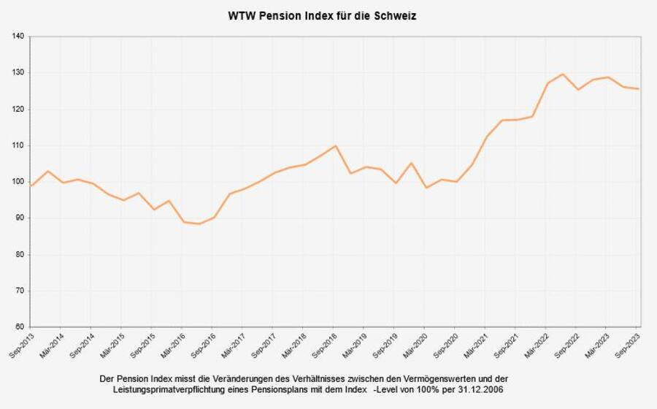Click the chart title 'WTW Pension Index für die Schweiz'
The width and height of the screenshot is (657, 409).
point(322,15)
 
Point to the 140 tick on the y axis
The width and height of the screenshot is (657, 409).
point(18,37)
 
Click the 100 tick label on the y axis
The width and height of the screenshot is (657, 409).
point(18,182)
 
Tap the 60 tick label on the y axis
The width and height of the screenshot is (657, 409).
point(20,327)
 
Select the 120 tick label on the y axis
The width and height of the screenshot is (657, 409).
point(18,109)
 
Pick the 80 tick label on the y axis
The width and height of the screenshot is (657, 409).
point(20,254)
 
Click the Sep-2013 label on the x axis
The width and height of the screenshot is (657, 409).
point(20,345)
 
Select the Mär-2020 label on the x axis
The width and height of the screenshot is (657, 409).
point(414,345)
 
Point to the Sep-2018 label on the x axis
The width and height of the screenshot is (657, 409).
point(323,345)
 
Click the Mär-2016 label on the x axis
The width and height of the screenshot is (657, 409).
point(172,345)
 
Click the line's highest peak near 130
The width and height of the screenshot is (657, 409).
point(562,74)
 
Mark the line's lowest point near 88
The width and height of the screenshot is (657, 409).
point(199,223)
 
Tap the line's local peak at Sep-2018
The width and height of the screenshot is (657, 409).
point(334,145)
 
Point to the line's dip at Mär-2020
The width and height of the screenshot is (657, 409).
point(426,188)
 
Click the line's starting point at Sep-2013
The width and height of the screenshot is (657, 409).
point(31,186)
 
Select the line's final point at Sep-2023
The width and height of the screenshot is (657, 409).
point(639,89)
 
